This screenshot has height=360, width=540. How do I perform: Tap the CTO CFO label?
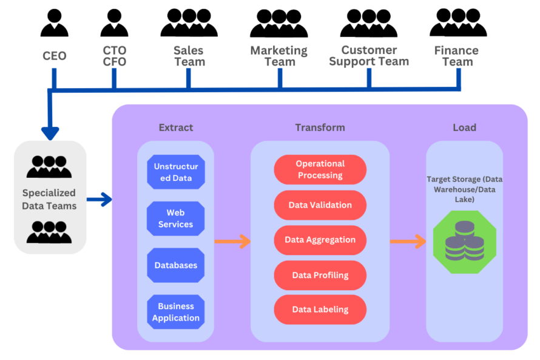pos(114,56)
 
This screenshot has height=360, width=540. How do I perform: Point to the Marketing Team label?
pos(279,56)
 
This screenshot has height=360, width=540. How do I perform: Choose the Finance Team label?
pos(457,56)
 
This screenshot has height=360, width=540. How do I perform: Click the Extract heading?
pos(176,127)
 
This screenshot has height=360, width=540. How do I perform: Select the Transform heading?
pos(320,127)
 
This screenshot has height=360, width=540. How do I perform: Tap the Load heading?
pos(464,127)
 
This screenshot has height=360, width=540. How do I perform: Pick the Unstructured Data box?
pos(176,172)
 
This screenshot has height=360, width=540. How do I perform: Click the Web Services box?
pos(176,219)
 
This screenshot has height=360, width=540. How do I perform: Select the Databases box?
pos(176,265)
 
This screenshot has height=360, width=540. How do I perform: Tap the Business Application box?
pos(176,312)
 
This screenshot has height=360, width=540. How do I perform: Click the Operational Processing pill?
pos(320,169)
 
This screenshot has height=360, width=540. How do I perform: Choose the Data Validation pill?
pos(320,205)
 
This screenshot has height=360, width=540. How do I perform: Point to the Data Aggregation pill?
pos(320,240)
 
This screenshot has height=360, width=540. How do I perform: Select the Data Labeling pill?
pos(320,310)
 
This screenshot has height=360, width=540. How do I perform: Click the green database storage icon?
pos(464,242)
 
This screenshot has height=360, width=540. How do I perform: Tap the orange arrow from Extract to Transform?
pos(232,242)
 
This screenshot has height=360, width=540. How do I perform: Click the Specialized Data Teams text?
pos(49,199)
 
